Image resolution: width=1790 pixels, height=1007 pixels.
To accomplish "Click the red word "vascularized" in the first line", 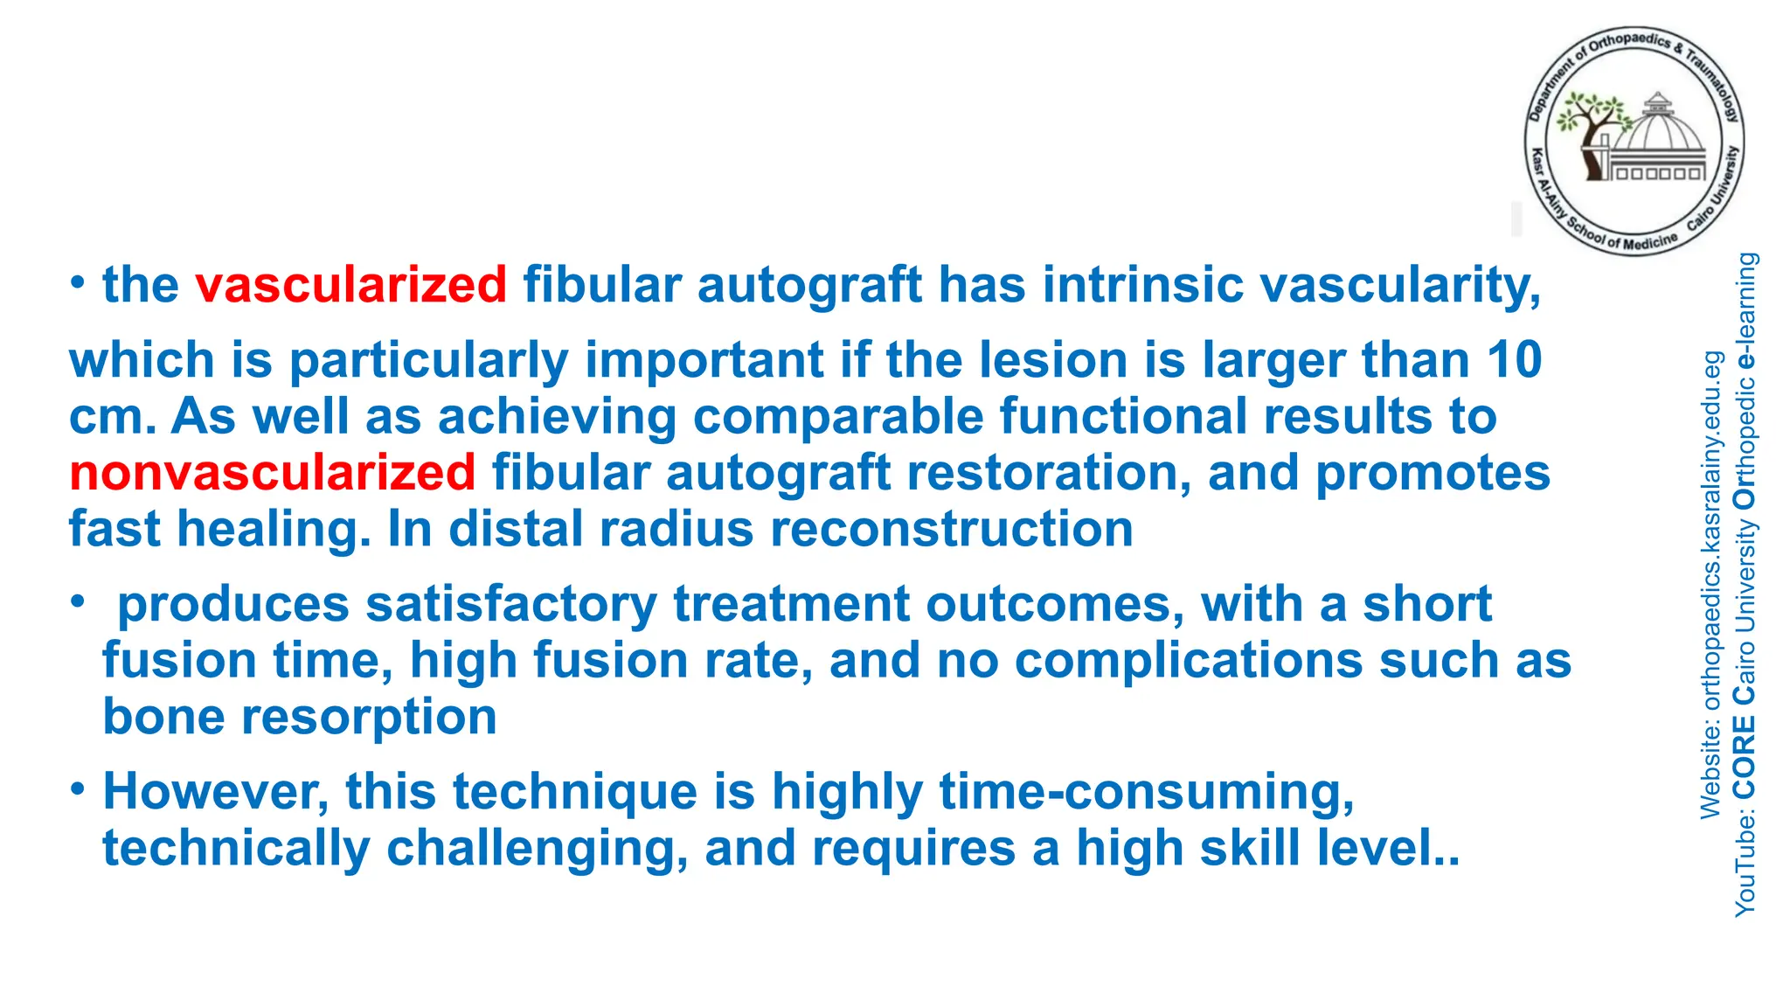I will pyautogui.click(x=350, y=285).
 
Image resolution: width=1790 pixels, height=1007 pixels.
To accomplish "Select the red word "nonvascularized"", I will pyautogui.click(x=273, y=473).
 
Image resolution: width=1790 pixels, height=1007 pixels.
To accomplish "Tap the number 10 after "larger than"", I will pyautogui.click(x=1515, y=360).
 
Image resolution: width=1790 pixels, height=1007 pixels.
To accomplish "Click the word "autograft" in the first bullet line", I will pyautogui.click(x=808, y=285).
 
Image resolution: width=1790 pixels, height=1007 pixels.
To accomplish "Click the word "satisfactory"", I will pyautogui.click(x=510, y=604).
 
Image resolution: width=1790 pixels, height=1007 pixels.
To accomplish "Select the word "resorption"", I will pyautogui.click(x=369, y=717).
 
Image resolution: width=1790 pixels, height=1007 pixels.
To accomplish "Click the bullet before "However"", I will pyautogui.click(x=79, y=789).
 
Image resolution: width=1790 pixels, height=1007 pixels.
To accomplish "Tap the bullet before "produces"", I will pyautogui.click(x=79, y=601).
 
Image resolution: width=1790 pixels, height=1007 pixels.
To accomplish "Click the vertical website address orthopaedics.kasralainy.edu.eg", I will pyautogui.click(x=1711, y=533).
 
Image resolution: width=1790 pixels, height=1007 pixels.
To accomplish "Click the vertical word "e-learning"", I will pyautogui.click(x=1745, y=309).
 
